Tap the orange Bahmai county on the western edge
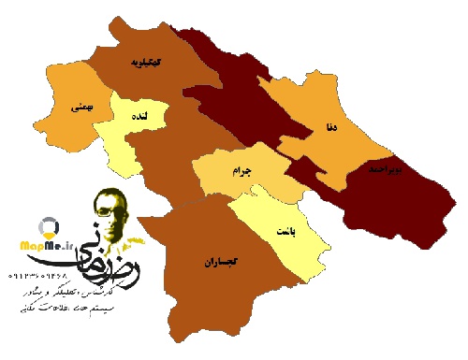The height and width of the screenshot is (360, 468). click(x=75, y=131)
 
